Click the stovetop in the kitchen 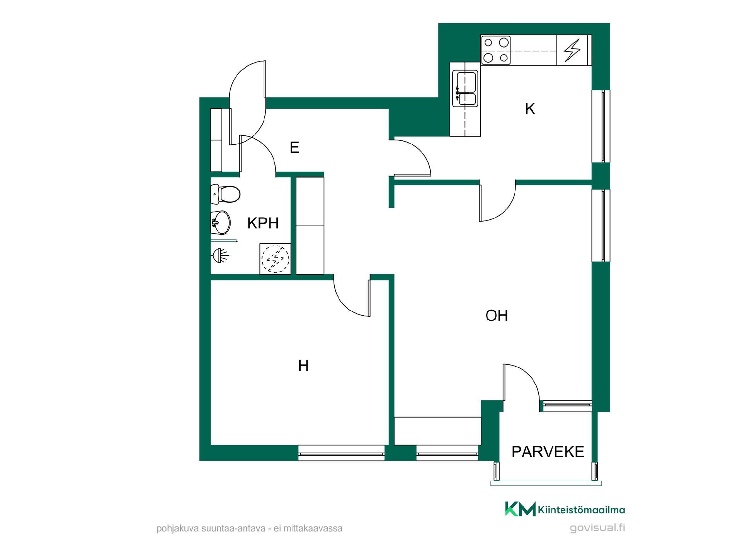(496, 50)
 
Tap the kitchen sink (466, 89)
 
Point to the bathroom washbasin (220, 222)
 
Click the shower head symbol (220, 255)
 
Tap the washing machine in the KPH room (275, 259)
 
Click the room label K (530, 109)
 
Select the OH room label (497, 316)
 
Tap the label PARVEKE (548, 452)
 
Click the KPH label (263, 223)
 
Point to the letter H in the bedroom (303, 366)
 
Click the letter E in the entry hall (294, 147)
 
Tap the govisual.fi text (597, 528)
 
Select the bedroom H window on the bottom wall (342, 453)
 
